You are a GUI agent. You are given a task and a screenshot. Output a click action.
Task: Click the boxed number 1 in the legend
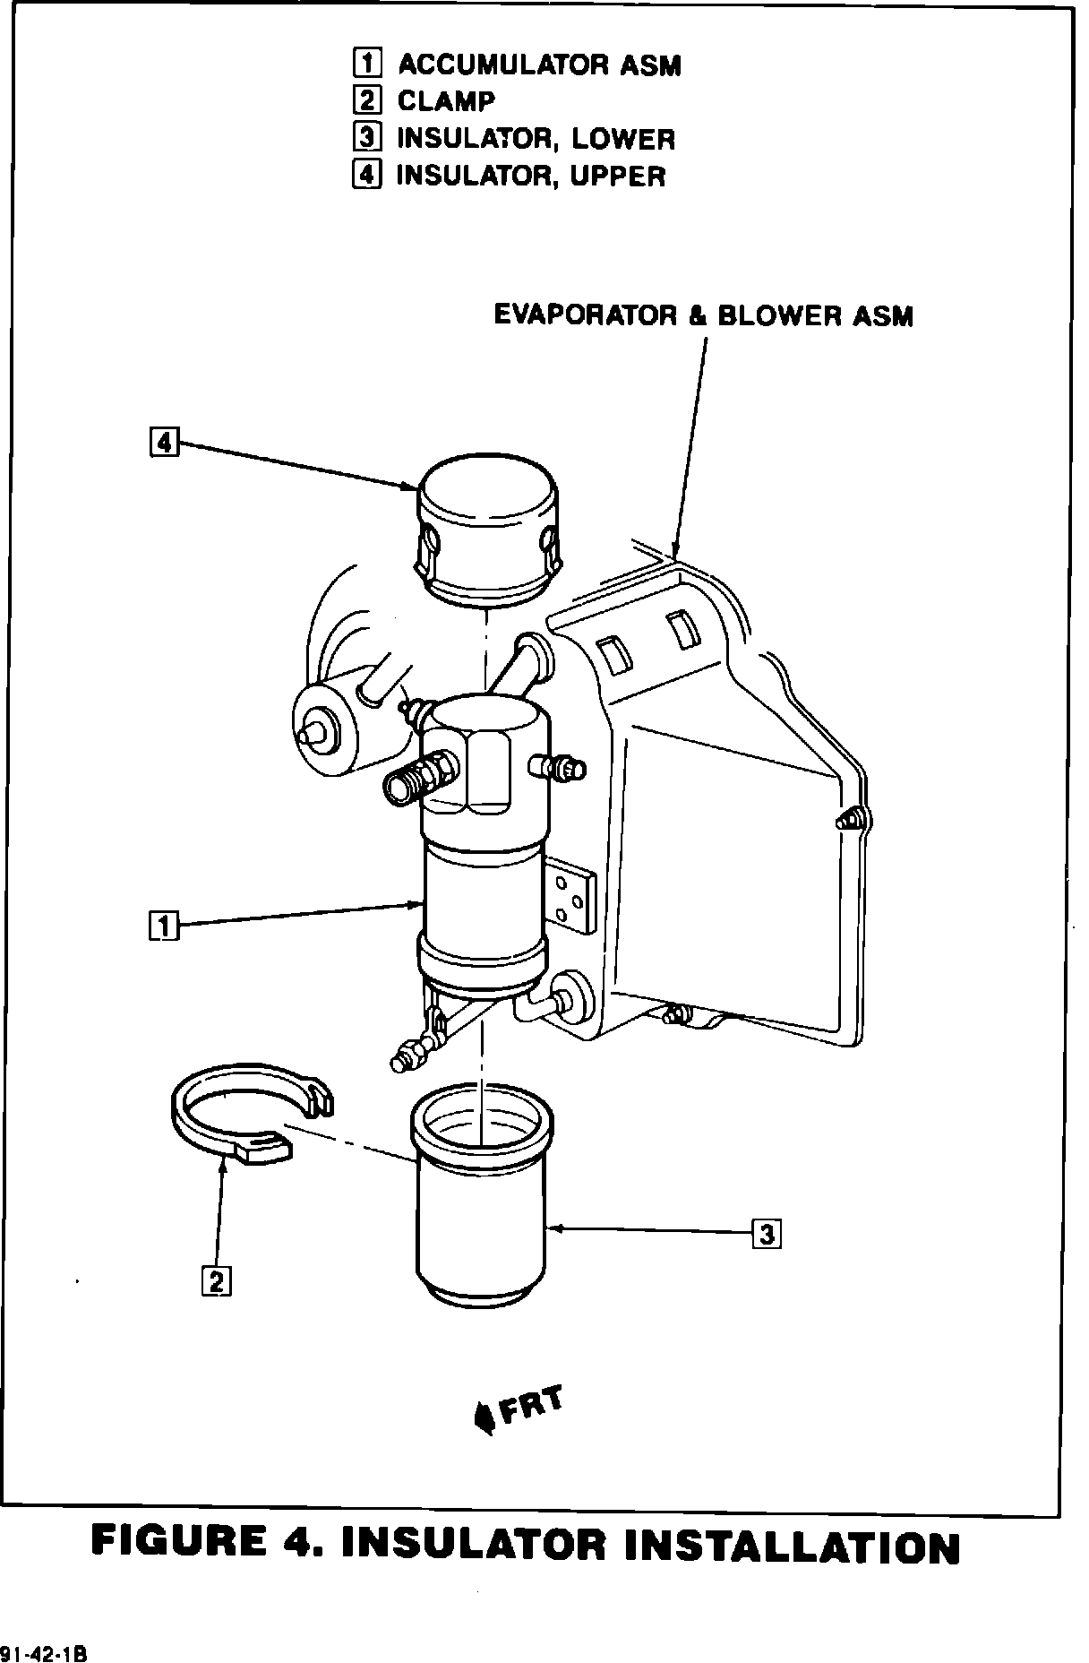pyautogui.click(x=366, y=64)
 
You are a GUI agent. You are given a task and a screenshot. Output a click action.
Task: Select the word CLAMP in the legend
pyautogui.click(x=445, y=101)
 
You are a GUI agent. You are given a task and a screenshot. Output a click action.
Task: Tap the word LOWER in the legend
pyautogui.click(x=623, y=139)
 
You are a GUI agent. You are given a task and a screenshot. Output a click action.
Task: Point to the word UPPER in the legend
pyautogui.click(x=618, y=176)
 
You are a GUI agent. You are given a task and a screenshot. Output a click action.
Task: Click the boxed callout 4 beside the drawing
pyautogui.click(x=164, y=442)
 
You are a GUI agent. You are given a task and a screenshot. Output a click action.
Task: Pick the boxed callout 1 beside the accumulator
pyautogui.click(x=164, y=925)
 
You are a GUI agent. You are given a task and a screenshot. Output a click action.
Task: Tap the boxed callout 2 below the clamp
pyautogui.click(x=216, y=1281)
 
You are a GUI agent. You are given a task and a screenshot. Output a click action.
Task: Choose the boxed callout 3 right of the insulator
pyautogui.click(x=767, y=1235)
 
